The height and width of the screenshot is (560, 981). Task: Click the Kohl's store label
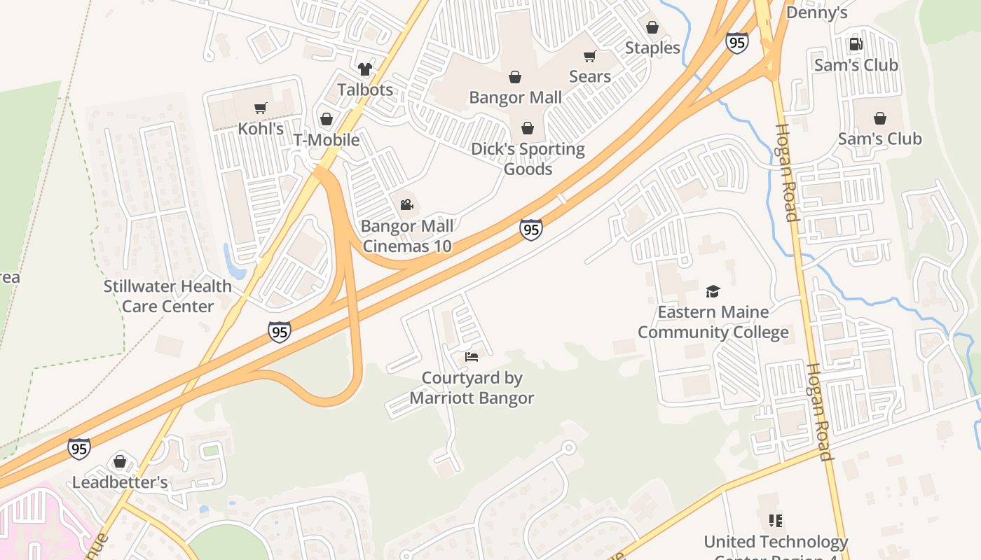coord(261,129)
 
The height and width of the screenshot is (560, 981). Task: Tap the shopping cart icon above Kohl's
coord(261,108)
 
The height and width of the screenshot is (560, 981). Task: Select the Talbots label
coord(365,90)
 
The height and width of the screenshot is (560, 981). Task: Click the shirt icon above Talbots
coord(365,69)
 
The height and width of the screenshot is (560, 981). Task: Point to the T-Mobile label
coord(327,139)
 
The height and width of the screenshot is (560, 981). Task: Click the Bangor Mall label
coord(516,97)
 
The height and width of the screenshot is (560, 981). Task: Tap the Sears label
coord(590,76)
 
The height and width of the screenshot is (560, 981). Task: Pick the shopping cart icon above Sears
coord(590,56)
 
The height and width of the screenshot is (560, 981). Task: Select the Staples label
coord(652,48)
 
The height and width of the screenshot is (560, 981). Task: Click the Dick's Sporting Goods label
coord(528,159)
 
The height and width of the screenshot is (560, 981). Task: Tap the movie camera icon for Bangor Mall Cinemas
coord(406,204)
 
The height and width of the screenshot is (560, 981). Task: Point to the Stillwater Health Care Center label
coord(167,296)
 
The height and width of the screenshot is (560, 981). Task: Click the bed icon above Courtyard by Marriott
coord(472,357)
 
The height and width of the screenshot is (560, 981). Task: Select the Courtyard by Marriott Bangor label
coord(472,388)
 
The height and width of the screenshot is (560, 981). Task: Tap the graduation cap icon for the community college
coord(713,291)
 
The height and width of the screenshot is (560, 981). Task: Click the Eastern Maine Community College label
coord(713,322)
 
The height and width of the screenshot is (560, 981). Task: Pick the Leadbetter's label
coord(120,482)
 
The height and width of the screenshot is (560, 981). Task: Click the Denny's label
coord(817,13)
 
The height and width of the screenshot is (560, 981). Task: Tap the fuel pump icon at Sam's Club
coord(856,44)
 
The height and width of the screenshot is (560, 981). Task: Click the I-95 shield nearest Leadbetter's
coord(79,448)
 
